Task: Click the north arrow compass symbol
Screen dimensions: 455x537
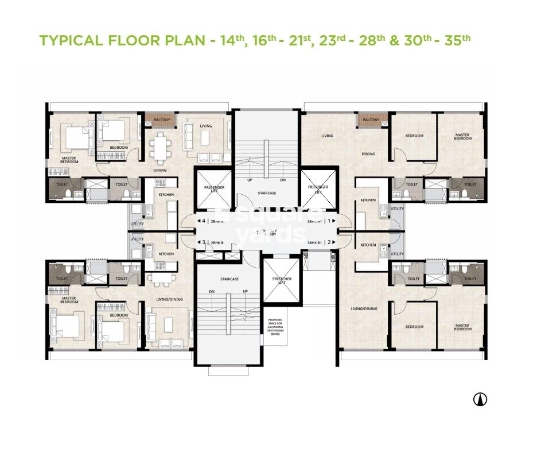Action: (x=480, y=399)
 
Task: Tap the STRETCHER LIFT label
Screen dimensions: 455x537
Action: (x=281, y=280)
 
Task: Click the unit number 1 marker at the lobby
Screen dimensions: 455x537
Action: (x=331, y=221)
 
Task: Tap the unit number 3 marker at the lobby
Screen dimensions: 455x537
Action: (x=204, y=242)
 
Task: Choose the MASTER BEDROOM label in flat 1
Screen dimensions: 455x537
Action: (x=462, y=136)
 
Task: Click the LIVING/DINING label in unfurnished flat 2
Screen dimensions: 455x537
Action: (x=364, y=309)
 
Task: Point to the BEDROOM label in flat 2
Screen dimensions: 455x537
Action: (x=414, y=327)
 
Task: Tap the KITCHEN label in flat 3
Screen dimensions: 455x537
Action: (x=166, y=254)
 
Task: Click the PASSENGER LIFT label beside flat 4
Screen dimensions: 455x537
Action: (x=214, y=189)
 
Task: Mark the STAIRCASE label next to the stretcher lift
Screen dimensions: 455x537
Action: (x=229, y=279)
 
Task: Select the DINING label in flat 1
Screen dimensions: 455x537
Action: (x=368, y=154)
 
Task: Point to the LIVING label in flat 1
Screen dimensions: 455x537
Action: (x=328, y=136)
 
